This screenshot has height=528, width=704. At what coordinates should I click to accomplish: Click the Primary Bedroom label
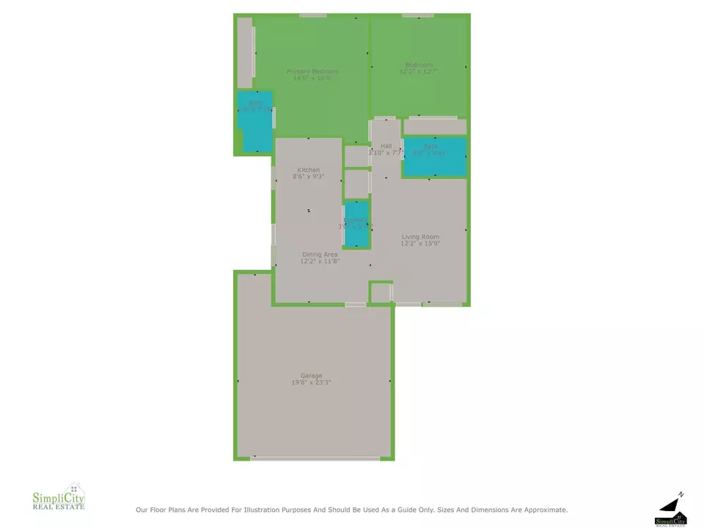coord(312,71)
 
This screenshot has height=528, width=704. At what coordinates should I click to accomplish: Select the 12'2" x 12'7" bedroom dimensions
coord(419,72)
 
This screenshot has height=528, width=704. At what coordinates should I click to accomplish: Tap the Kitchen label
coord(308,170)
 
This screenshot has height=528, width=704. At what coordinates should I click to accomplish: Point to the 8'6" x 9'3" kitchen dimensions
coord(308,177)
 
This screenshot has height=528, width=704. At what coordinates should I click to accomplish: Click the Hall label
coord(386,146)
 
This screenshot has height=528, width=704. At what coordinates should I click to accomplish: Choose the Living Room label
coord(420,237)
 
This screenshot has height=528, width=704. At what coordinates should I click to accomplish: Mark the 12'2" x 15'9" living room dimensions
coord(420,243)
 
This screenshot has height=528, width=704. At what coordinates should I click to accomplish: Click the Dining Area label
coord(320,254)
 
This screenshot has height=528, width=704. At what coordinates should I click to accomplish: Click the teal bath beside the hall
coord(434,157)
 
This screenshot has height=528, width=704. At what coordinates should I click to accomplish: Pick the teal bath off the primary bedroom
coord(254,121)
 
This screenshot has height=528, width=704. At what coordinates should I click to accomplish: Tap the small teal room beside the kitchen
coord(356,224)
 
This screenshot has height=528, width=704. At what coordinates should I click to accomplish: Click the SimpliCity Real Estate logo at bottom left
coord(59,498)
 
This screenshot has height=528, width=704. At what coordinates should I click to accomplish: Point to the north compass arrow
coord(671,504)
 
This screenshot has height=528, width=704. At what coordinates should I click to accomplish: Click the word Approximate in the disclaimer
coord(542,510)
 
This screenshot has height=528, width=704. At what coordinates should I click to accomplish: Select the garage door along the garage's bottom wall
coord(315,458)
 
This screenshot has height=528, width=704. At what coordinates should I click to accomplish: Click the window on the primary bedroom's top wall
coord(313,15)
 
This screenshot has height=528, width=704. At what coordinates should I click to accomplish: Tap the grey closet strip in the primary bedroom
coord(244,53)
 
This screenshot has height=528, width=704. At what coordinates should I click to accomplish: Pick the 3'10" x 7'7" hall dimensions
coord(386,153)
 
